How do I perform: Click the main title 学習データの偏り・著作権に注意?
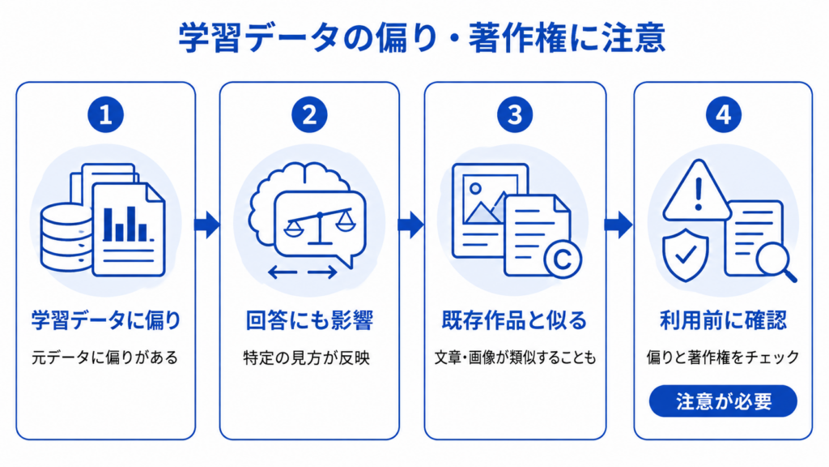[x=421, y=38]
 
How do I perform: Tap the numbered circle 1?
[x=106, y=114]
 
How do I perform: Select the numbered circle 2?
[x=309, y=114]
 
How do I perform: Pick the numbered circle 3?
[x=514, y=114]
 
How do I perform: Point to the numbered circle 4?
[x=723, y=114]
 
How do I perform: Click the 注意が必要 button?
[x=723, y=401]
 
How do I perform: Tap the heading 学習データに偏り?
[x=106, y=320]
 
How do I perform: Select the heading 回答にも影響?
[x=309, y=320]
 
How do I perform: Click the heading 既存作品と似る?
[x=514, y=320]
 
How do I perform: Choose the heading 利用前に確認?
[x=723, y=320]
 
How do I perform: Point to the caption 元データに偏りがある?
[x=104, y=358]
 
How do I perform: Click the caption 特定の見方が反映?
[x=307, y=358]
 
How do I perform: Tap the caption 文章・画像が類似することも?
[x=515, y=358]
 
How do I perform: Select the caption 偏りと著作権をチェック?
[x=723, y=358]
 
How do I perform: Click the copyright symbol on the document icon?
[x=563, y=259]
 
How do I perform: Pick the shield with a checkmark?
[x=686, y=255]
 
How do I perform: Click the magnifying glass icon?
[x=776, y=263]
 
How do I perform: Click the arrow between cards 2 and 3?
[x=411, y=225]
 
